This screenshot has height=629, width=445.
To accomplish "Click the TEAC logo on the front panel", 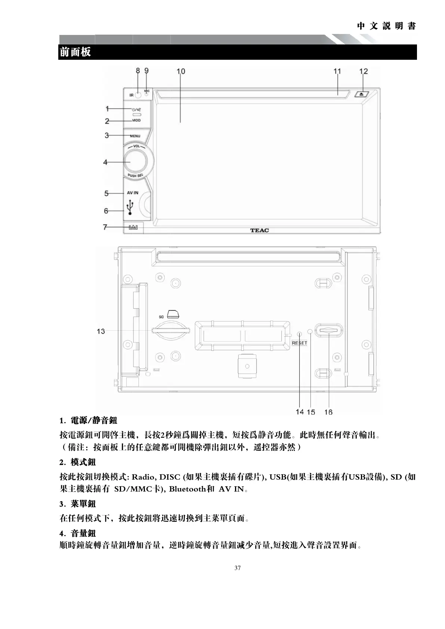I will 259,230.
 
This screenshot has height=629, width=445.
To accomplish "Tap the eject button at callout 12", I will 362,94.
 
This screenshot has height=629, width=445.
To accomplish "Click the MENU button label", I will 135,136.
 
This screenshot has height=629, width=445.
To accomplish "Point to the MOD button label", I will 136,121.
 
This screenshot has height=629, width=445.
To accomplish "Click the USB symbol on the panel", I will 130,208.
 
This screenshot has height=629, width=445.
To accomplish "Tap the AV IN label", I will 132,193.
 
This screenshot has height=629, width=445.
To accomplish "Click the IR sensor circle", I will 138,95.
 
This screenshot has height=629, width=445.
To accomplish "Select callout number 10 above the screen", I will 180,71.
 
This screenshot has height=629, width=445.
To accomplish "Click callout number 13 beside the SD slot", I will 101,331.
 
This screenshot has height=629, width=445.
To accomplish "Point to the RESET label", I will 299,343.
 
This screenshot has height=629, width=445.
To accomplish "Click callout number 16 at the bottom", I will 328,412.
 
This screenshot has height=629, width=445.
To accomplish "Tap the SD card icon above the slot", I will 173,313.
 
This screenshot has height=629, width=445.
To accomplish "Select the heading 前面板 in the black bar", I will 75,52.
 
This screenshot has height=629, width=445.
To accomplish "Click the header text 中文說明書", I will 386,26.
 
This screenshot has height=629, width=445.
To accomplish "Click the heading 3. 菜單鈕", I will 78,504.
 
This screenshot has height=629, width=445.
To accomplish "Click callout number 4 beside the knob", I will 105,162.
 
